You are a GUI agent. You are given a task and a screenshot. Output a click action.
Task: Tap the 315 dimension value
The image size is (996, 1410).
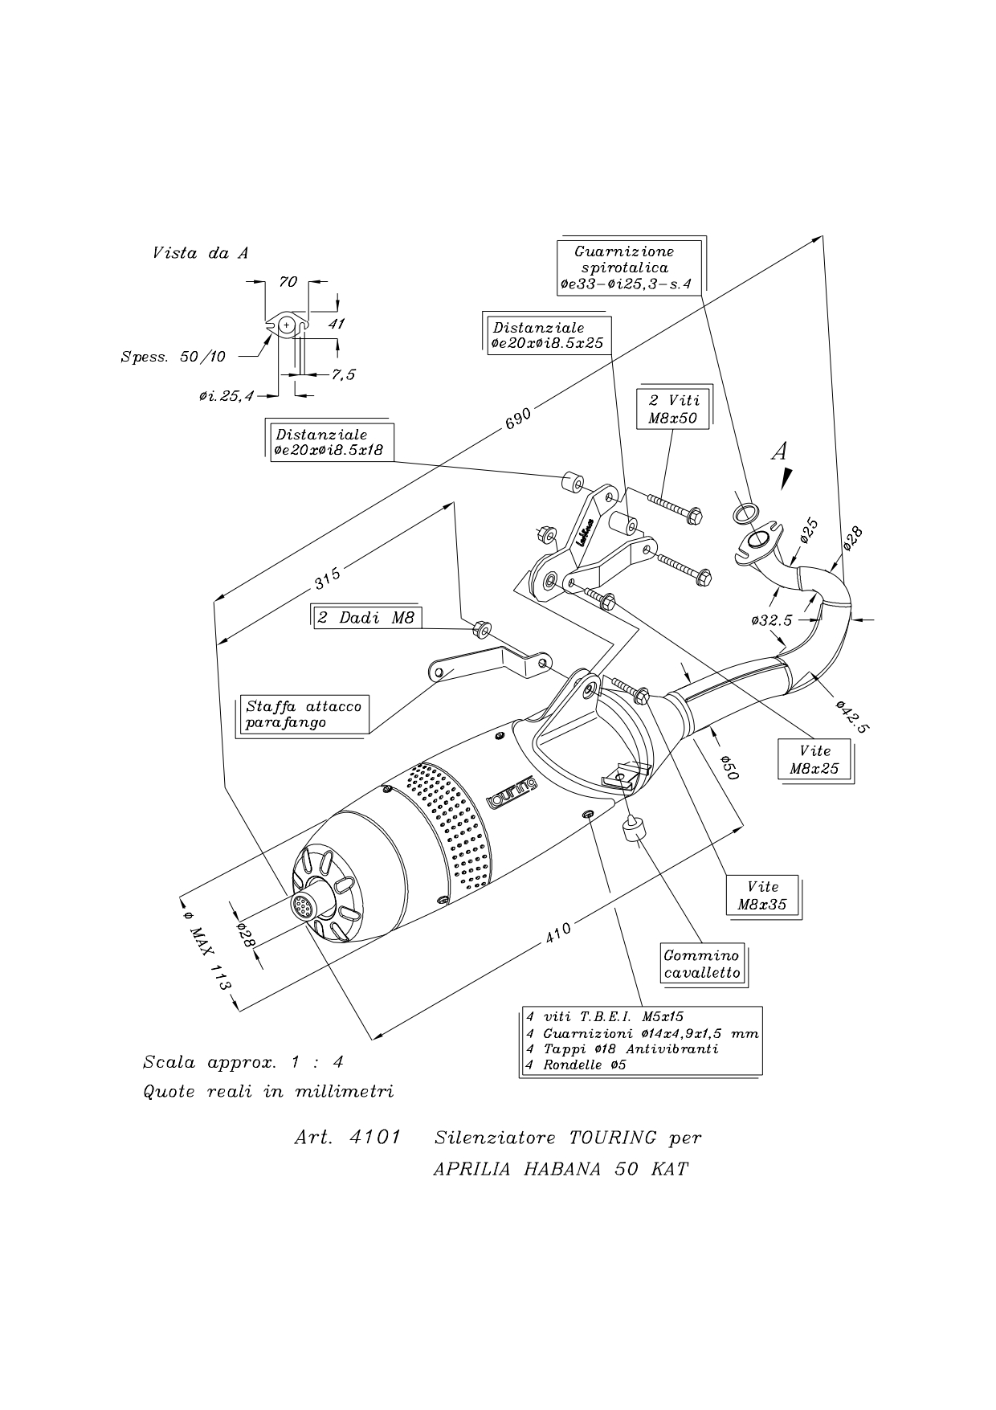(x=327, y=576)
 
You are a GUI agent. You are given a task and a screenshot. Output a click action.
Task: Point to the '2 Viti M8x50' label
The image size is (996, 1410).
(x=672, y=409)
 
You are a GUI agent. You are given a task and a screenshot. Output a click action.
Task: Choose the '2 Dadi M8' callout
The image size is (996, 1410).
(x=366, y=618)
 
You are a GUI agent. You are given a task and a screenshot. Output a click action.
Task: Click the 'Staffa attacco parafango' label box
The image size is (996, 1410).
(x=304, y=714)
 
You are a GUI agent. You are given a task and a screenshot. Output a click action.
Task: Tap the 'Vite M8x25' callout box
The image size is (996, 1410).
(x=814, y=759)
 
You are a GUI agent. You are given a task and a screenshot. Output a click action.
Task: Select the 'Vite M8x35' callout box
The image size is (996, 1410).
(x=763, y=895)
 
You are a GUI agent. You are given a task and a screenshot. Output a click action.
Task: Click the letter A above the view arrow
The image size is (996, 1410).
(x=778, y=452)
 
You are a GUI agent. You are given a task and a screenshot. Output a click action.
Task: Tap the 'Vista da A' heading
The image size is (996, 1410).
(x=200, y=253)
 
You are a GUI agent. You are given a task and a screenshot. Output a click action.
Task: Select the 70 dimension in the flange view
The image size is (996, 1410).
(x=287, y=281)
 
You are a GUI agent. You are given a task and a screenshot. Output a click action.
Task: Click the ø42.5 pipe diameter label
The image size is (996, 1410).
(x=851, y=716)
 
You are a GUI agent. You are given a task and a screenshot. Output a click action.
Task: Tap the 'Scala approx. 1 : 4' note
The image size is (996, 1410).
(x=243, y=1062)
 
